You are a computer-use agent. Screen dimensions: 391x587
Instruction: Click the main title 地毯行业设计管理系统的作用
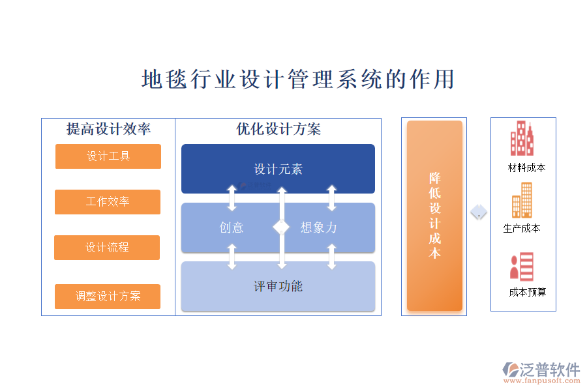pyautogui.click(x=297, y=80)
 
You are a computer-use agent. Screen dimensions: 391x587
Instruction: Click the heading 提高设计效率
pyautogui.click(x=108, y=129)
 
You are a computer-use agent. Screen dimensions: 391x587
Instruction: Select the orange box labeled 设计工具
pyautogui.click(x=108, y=156)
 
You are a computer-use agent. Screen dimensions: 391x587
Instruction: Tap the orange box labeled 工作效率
pyautogui.click(x=108, y=202)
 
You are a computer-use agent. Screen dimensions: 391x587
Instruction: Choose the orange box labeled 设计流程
pyautogui.click(x=107, y=248)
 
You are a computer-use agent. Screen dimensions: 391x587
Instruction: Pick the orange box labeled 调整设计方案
pyautogui.click(x=108, y=296)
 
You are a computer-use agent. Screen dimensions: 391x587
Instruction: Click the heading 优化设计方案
pyautogui.click(x=278, y=129)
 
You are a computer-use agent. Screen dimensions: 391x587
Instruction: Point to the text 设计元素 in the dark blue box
pyautogui.click(x=278, y=169)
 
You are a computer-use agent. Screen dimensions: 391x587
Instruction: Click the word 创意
pyautogui.click(x=232, y=227)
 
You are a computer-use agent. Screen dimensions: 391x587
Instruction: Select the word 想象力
pyautogui.click(x=319, y=227)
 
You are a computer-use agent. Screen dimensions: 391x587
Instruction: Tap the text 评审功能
pyautogui.click(x=278, y=286)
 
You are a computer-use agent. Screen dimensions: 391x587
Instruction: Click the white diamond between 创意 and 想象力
pyautogui.click(x=281, y=227)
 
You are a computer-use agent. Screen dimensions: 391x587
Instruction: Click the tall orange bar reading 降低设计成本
pyautogui.click(x=434, y=216)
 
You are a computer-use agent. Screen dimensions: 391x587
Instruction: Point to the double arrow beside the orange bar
pyautogui.click(x=479, y=212)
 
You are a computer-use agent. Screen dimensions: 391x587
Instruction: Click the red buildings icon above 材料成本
pyautogui.click(x=522, y=139)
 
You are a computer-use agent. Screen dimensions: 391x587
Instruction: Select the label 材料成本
pyautogui.click(x=527, y=168)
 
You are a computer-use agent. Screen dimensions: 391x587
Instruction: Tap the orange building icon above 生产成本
pyautogui.click(x=522, y=200)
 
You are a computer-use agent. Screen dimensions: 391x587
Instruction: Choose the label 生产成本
pyautogui.click(x=522, y=229)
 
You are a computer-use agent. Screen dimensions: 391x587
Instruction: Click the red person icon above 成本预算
pyautogui.click(x=522, y=267)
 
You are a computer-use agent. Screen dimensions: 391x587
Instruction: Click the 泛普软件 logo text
pyautogui.click(x=549, y=370)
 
